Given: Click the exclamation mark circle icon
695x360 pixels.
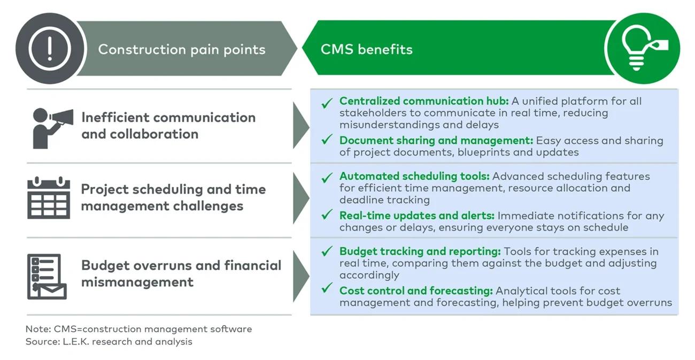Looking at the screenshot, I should [x=49, y=49].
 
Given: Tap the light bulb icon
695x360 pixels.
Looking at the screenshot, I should [x=642, y=49].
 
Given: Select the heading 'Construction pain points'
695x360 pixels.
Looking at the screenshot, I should [x=181, y=50].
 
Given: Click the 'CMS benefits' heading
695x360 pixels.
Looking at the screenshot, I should [x=366, y=50].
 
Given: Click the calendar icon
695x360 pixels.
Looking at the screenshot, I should [x=49, y=198].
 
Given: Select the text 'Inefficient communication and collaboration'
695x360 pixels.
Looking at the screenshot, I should [x=168, y=126].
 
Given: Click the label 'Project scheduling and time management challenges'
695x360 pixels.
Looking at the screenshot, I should [x=173, y=197].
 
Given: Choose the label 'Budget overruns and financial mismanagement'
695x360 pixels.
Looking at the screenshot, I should [x=181, y=273].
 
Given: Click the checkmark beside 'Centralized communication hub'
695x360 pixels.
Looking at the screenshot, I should [x=327, y=103].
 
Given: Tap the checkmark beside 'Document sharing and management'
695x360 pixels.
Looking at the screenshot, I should [x=327, y=141].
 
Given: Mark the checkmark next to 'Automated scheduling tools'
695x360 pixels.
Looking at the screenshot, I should [x=327, y=177].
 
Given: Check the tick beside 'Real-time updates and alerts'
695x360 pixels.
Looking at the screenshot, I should [x=327, y=216].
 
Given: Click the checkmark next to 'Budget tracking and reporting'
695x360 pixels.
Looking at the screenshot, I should [x=327, y=251].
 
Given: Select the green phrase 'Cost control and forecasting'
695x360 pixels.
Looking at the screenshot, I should [x=416, y=291].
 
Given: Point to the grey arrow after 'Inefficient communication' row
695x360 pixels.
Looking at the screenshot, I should [x=300, y=126].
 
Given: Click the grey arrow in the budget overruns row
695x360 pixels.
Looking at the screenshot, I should [x=300, y=275].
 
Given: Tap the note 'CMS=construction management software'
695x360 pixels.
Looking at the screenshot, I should [x=138, y=329].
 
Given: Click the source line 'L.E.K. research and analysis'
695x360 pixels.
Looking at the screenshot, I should [x=109, y=341].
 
